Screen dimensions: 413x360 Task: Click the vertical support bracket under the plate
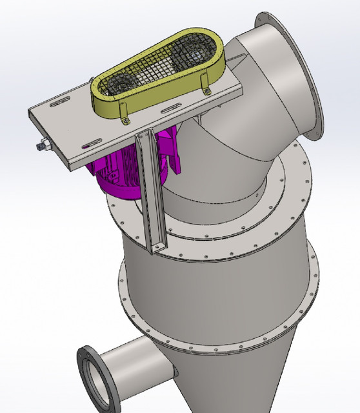click(x=152, y=194)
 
